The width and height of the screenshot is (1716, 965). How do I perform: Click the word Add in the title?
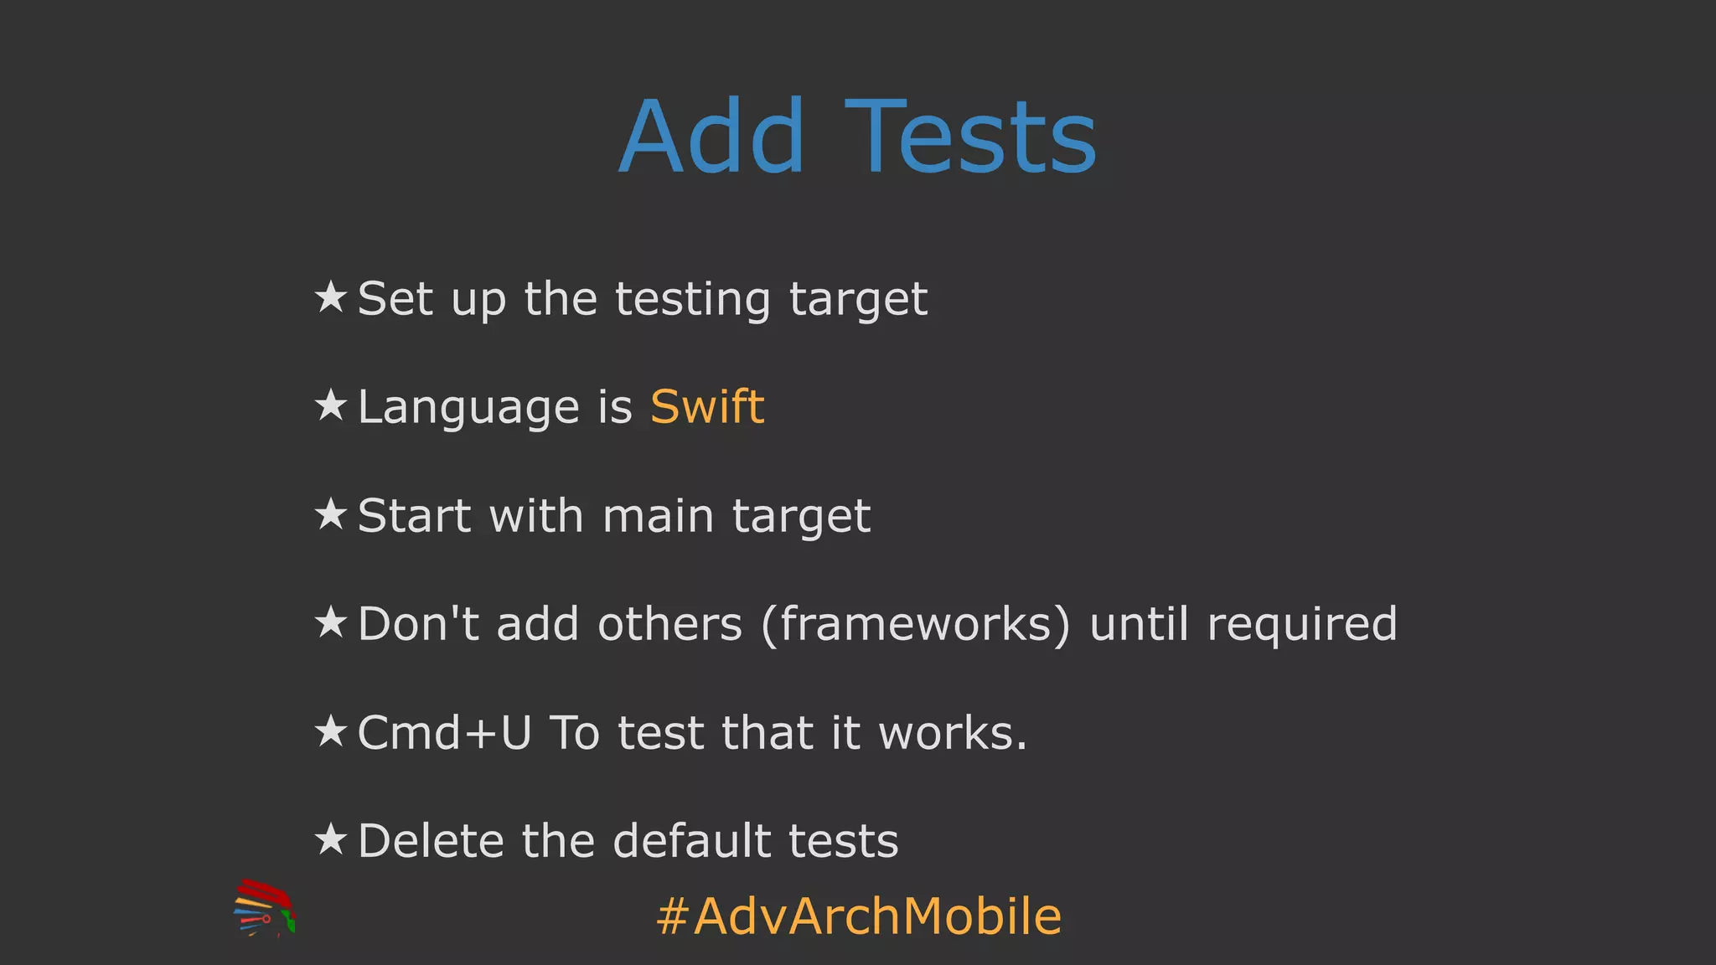pyautogui.click(x=711, y=137)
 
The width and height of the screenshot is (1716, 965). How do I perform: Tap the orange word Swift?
pyautogui.click(x=707, y=407)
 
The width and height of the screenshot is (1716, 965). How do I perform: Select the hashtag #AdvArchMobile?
pyautogui.click(x=859, y=916)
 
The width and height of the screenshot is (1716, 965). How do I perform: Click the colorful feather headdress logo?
pyautogui.click(x=264, y=908)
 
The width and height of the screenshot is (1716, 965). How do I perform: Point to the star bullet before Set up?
pyautogui.click(x=331, y=297)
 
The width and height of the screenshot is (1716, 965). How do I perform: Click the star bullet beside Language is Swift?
pyautogui.click(x=331, y=406)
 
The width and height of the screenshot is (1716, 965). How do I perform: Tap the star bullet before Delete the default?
pyautogui.click(x=331, y=839)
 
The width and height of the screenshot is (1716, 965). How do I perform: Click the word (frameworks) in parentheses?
pyautogui.click(x=915, y=624)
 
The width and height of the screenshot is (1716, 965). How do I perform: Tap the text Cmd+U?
pyautogui.click(x=444, y=733)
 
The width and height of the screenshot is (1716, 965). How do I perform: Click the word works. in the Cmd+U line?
pyautogui.click(x=953, y=733)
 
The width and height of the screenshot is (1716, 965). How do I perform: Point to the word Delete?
pyautogui.click(x=430, y=841)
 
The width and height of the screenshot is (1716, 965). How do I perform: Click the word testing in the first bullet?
pyautogui.click(x=692, y=300)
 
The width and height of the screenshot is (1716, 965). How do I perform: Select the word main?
pyautogui.click(x=658, y=516)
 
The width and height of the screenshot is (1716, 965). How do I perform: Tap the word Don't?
pyautogui.click(x=418, y=624)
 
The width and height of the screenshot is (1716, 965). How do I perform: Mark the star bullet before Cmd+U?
pyautogui.click(x=331, y=731)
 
